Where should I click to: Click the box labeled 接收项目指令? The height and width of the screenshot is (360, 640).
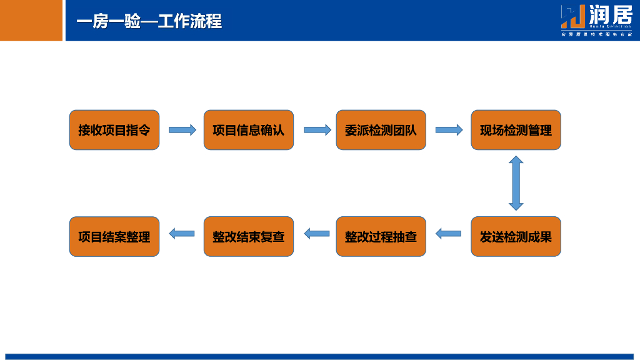[114, 130]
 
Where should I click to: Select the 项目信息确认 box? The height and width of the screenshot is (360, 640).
[249, 130]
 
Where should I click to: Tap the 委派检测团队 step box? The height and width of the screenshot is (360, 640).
[381, 130]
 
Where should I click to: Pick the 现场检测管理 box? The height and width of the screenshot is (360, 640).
[516, 130]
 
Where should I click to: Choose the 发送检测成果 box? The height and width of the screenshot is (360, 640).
[516, 237]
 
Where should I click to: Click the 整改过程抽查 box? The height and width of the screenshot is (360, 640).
[381, 237]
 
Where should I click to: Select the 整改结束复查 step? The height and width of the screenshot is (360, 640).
[249, 237]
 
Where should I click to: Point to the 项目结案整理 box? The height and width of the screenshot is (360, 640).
[114, 237]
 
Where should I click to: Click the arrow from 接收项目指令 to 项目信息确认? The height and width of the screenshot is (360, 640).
[182, 130]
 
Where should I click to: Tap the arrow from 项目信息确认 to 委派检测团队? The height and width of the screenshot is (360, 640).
[317, 130]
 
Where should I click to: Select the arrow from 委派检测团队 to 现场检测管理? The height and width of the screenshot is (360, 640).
[449, 130]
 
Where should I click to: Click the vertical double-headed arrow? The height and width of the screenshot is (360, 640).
[516, 183]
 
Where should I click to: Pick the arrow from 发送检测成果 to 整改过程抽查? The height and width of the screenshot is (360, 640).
[448, 234]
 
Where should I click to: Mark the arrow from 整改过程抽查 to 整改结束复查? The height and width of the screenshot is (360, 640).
[317, 234]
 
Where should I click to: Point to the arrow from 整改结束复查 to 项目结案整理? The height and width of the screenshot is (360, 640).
[182, 234]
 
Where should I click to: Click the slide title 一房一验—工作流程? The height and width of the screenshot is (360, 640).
[149, 21]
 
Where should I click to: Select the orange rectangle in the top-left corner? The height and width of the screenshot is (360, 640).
[31, 20]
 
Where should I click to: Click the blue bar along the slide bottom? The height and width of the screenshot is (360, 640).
[320, 356]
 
